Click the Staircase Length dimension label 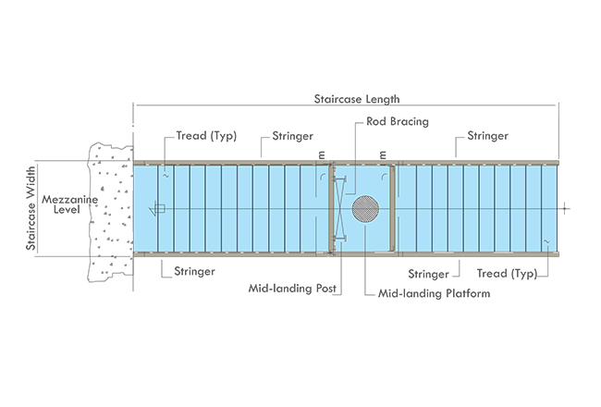(x=357, y=99)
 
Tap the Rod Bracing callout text (x=398, y=121)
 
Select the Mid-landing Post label (x=292, y=288)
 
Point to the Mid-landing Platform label (x=434, y=293)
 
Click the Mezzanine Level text (x=69, y=204)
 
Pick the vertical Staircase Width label (x=31, y=208)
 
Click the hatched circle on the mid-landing (x=365, y=209)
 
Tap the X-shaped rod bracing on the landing (x=339, y=209)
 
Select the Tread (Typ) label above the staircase (x=206, y=136)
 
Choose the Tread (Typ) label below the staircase (x=507, y=274)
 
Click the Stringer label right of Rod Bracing (x=487, y=136)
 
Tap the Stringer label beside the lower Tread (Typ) (x=428, y=274)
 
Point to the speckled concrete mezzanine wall (x=110, y=212)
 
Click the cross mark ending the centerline (x=565, y=209)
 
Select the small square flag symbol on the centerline (x=160, y=209)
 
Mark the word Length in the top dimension (x=383, y=99)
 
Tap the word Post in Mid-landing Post (x=325, y=288)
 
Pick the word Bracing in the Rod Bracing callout (x=409, y=121)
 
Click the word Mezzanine (x=69, y=200)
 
